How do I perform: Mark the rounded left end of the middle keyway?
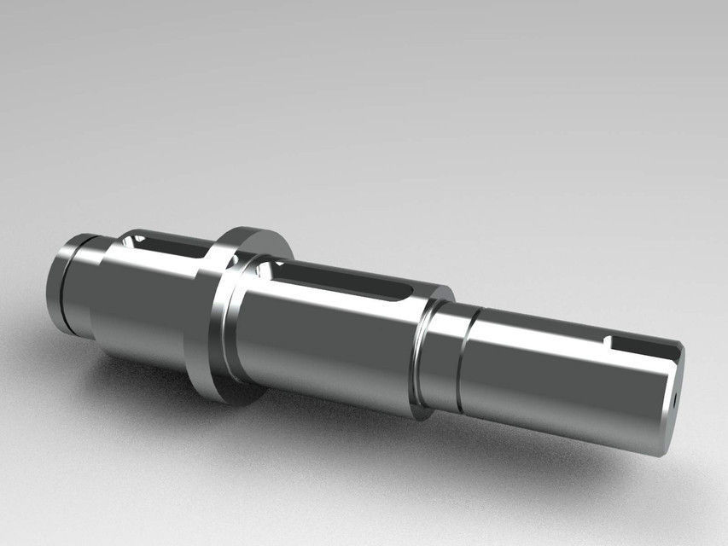275,271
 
